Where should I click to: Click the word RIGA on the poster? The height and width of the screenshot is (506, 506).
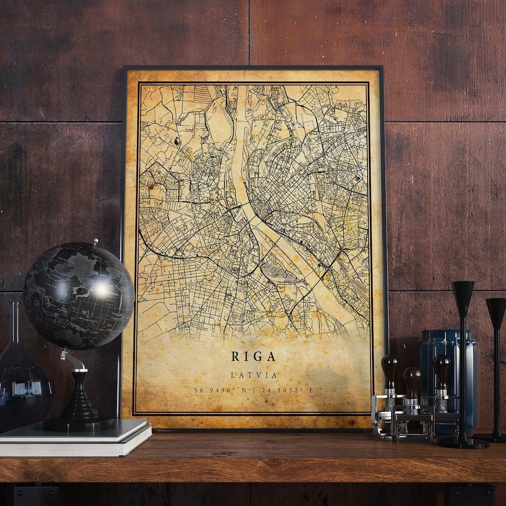coord(253,357)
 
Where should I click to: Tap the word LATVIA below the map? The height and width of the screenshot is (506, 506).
coord(254,375)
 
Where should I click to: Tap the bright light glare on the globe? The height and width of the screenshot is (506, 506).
coord(101,290)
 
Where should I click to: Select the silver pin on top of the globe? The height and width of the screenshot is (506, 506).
coord(95,242)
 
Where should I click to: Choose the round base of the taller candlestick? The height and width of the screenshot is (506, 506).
coord(463,442)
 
